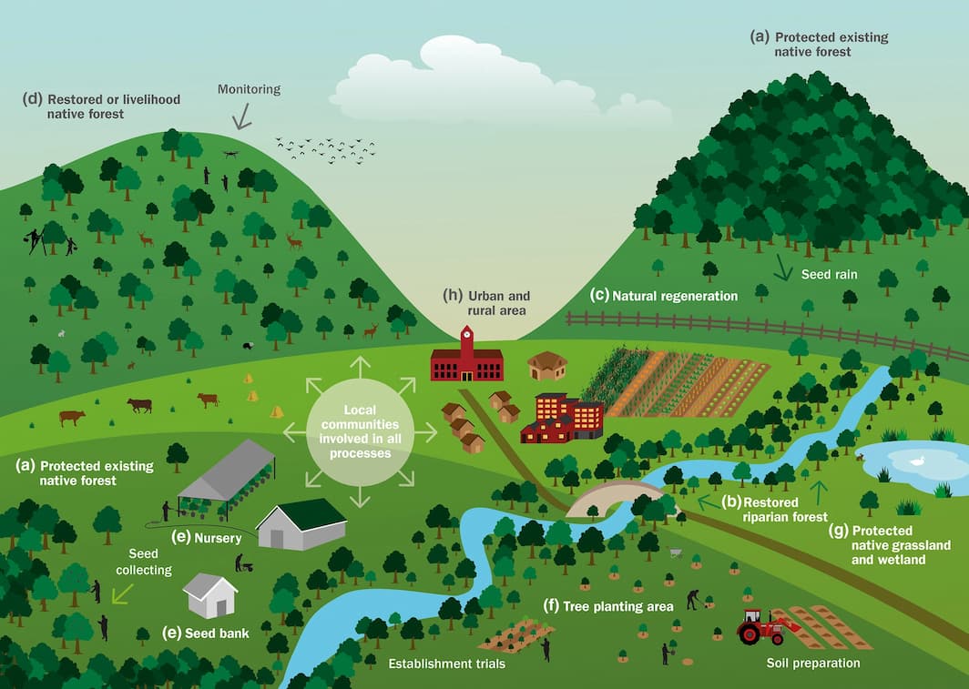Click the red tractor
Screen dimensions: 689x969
coord(761,626)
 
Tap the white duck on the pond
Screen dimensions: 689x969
coord(919,461)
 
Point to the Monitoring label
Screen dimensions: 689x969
coord(249,90)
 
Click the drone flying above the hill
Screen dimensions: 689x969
coord(230,155)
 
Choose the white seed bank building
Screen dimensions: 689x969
coord(210,595)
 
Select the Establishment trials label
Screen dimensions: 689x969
coord(446,664)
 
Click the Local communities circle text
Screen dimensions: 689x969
coord(361,431)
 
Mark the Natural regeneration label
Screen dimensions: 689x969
coord(674,296)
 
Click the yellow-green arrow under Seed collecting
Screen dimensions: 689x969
coord(121,594)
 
